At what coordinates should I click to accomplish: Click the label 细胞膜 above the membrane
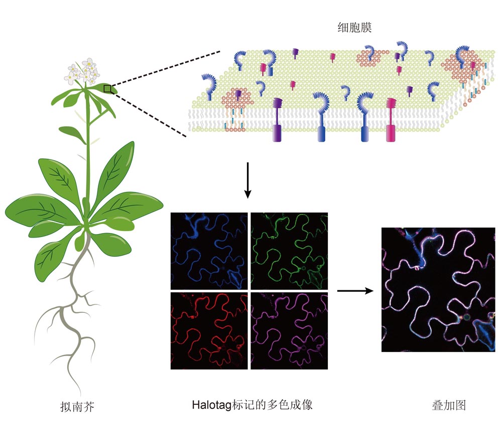(x=354, y=28)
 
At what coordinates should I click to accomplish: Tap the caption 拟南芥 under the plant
(x=77, y=407)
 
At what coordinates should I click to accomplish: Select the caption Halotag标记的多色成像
(x=252, y=405)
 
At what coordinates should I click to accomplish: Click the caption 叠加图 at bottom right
(x=448, y=405)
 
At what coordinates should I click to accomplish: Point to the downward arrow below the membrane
(x=247, y=180)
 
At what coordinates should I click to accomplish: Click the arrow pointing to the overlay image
(x=355, y=291)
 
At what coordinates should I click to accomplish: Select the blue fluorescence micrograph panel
(x=209, y=251)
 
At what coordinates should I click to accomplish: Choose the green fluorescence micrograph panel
(x=289, y=251)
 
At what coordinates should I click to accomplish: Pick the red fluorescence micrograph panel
(x=209, y=331)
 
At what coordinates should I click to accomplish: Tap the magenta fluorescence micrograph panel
(x=289, y=331)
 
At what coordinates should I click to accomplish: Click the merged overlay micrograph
(x=438, y=290)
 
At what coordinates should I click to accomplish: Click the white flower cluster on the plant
(x=82, y=71)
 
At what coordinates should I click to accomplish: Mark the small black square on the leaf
(x=107, y=89)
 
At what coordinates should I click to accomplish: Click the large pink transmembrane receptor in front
(x=391, y=120)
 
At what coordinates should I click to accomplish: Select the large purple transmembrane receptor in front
(x=277, y=120)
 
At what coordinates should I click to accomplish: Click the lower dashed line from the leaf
(x=149, y=114)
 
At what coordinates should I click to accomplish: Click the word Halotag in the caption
(x=212, y=405)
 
